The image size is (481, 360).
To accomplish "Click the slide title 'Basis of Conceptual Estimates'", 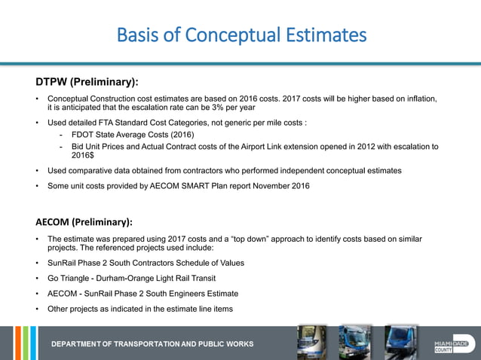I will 241,35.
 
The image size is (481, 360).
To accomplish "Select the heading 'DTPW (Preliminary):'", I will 87,81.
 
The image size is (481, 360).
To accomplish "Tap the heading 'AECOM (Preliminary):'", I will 84,222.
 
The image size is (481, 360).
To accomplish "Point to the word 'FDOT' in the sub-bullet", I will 84,134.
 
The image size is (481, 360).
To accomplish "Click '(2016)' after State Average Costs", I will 181,134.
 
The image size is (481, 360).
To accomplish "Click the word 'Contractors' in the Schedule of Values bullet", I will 161,263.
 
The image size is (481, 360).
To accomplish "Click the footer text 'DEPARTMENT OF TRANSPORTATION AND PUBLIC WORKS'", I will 152,344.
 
